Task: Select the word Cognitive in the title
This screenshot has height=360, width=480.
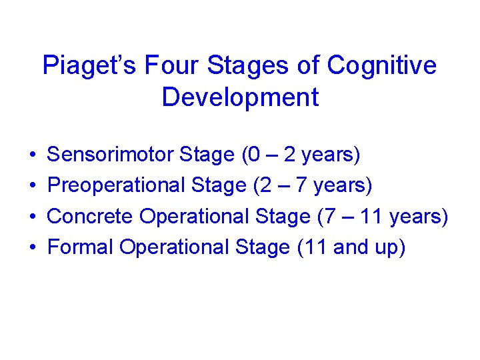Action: point(383,65)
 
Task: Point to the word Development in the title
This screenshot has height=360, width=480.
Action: point(240,97)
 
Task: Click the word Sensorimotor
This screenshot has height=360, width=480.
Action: point(111,155)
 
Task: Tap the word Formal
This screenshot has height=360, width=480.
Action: point(80,247)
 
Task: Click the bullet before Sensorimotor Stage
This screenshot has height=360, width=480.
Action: point(32,156)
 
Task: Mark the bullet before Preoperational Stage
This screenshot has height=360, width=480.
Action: point(32,186)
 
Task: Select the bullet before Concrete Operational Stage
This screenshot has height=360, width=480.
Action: point(32,217)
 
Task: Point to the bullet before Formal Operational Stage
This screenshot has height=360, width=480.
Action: point(32,247)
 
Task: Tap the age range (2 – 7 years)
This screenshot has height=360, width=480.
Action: point(313,185)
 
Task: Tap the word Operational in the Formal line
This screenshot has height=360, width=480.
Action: point(174,247)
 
